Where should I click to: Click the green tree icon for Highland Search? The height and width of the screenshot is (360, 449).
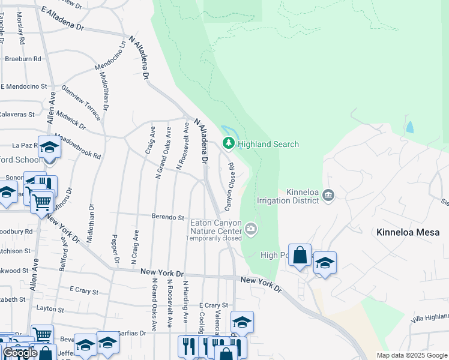pyautogui.click(x=228, y=143)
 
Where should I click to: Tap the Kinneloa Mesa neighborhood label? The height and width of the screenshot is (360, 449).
pyautogui.click(x=408, y=232)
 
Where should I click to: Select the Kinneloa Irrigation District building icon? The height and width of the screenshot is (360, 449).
pyautogui.click(x=328, y=194)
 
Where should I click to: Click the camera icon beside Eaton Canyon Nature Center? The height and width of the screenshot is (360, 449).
pyautogui.click(x=251, y=227)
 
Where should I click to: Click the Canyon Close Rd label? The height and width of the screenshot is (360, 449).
pyautogui.click(x=229, y=187)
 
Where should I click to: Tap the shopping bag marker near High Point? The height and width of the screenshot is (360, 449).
pyautogui.click(x=300, y=256)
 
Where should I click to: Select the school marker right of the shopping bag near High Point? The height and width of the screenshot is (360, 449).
pyautogui.click(x=325, y=263)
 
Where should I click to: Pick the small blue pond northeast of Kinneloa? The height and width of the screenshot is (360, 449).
pyautogui.click(x=410, y=127)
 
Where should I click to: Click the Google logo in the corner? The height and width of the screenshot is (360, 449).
pyautogui.click(x=20, y=353)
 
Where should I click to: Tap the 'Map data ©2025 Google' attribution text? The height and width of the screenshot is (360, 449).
pyautogui.click(x=411, y=355)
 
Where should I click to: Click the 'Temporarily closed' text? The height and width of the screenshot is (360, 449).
pyautogui.click(x=213, y=238)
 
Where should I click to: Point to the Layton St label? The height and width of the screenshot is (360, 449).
pyautogui.click(x=50, y=310)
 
